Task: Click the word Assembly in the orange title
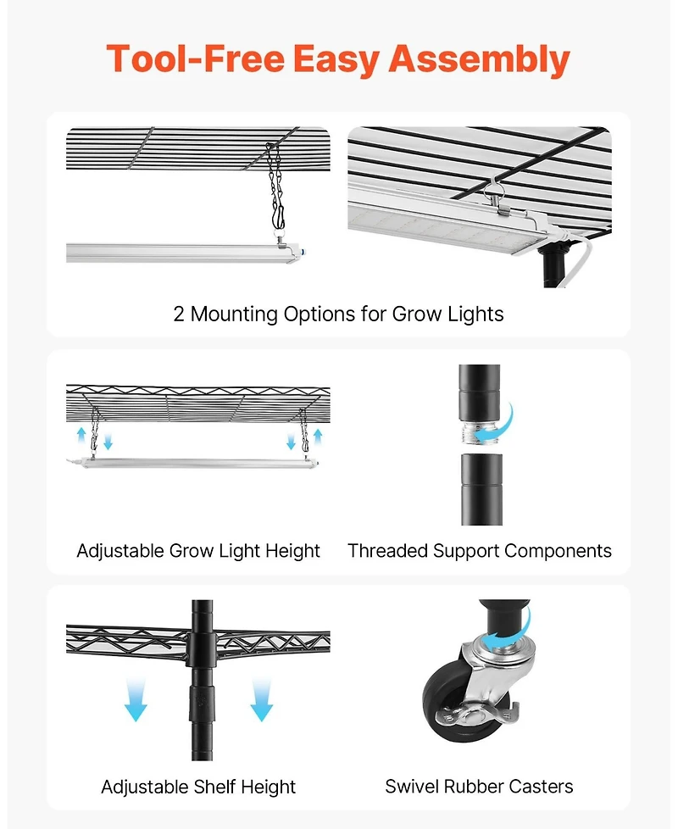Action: [x=479, y=59]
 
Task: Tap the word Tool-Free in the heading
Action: [x=196, y=58]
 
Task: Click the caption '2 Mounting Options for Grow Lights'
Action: [x=338, y=314]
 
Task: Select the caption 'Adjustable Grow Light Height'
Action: [x=198, y=551]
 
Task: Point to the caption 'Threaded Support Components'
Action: [x=480, y=551]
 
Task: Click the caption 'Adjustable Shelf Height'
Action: [x=198, y=787]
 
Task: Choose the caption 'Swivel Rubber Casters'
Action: [x=479, y=787]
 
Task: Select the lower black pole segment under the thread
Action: [x=481, y=490]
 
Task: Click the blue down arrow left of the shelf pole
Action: [x=136, y=700]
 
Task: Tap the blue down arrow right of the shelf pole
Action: [x=261, y=700]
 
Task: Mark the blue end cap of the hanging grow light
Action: [x=303, y=253]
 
